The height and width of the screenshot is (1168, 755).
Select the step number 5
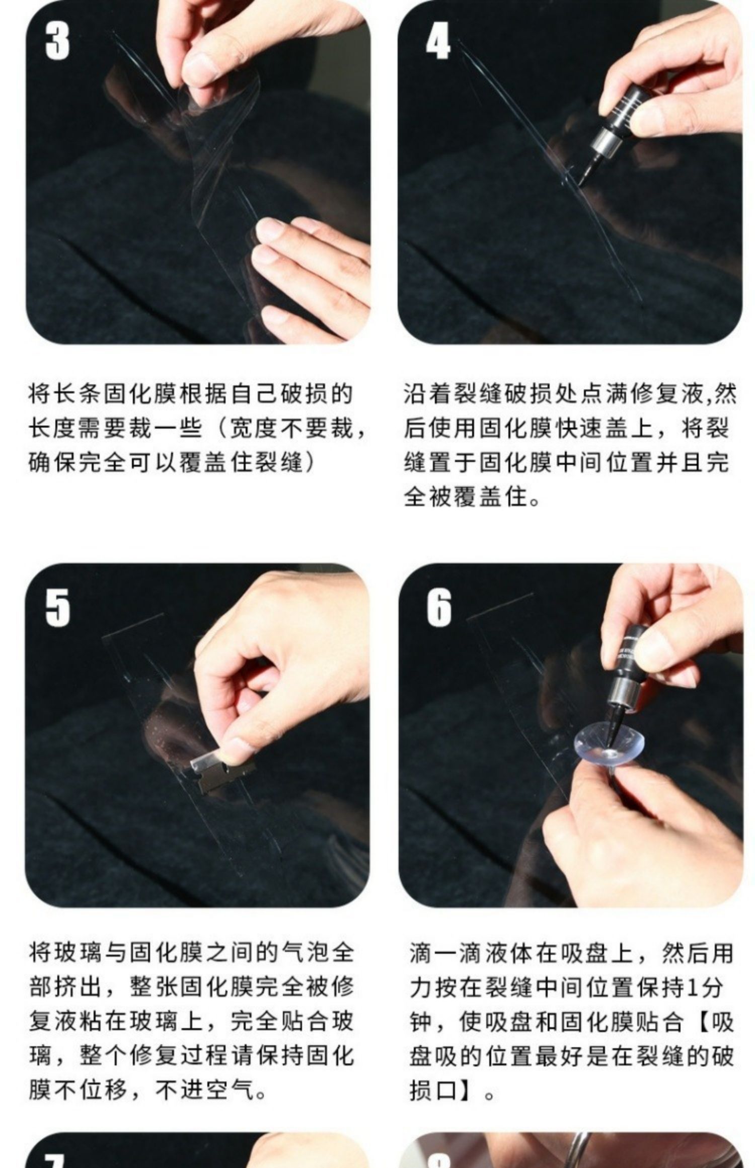(57, 608)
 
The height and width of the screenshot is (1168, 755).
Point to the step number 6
(439, 608)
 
